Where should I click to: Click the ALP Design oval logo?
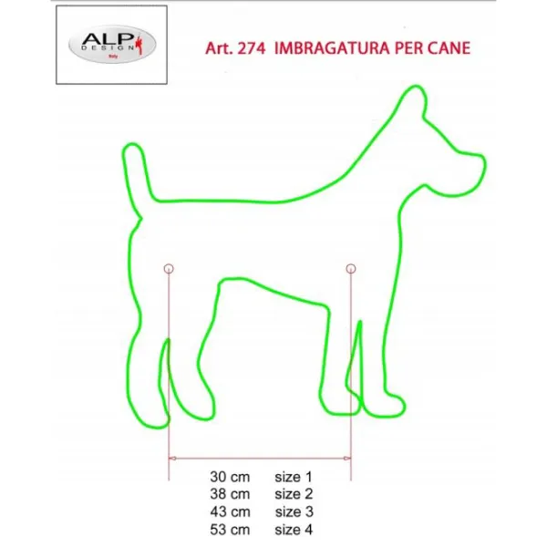coord(112,45)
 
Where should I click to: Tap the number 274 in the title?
coord(252,48)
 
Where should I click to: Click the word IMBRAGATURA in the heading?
coord(332,48)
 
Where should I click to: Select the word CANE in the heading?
coord(449,48)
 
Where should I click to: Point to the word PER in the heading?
coord(408,48)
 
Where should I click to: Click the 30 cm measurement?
coord(230,477)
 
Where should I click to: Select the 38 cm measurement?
coord(230,494)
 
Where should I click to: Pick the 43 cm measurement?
coord(230,511)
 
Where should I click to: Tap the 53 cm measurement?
coord(230,530)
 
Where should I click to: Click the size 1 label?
coord(293,477)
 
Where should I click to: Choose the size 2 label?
coord(294,494)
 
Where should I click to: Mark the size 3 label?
coord(294,511)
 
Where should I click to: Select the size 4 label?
coord(294,530)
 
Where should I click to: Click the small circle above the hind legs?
coord(169,269)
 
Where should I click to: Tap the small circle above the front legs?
coord(351,269)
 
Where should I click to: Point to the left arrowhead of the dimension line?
coord(172,458)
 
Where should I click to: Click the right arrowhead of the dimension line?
coord(347,458)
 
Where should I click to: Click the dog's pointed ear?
coord(413,101)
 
